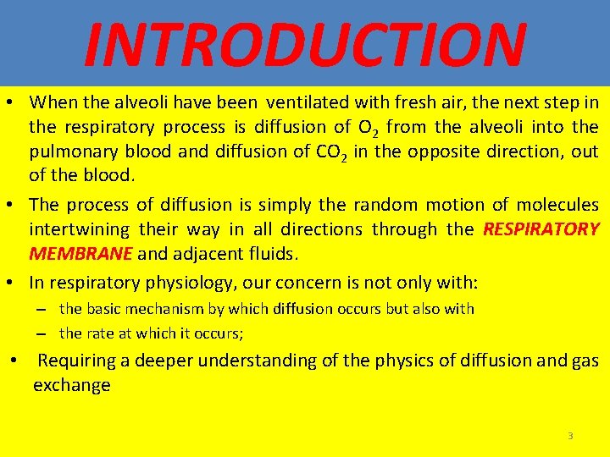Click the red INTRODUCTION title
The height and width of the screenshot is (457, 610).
click(305, 44)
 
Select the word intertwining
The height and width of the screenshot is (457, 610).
click(79, 229)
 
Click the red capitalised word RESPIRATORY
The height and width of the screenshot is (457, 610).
click(541, 229)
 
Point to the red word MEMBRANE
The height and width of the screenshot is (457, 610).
click(80, 254)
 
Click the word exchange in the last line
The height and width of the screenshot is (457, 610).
click(72, 385)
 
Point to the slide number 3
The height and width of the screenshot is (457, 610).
click(570, 436)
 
